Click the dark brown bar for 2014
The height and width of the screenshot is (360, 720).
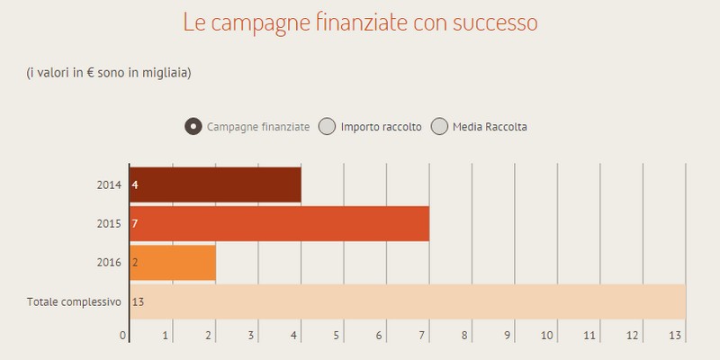[x=215, y=185]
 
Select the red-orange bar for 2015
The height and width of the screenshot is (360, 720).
[x=279, y=223]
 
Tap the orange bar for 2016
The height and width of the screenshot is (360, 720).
[x=173, y=262]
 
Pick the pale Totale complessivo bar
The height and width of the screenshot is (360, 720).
[x=408, y=301]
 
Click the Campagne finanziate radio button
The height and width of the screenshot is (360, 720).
[x=193, y=127]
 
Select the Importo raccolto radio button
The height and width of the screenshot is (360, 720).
[x=328, y=127]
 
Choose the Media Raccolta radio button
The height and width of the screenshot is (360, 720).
[x=439, y=127]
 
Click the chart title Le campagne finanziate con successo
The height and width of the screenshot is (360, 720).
[x=360, y=22]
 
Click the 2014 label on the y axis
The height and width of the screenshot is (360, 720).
[x=108, y=185]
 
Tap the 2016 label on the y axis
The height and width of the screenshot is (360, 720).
[x=108, y=262]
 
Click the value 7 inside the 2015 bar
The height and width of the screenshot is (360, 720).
[x=135, y=223]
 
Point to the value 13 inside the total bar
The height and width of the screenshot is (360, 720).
[x=138, y=301]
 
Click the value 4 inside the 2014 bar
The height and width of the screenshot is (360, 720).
[x=135, y=185]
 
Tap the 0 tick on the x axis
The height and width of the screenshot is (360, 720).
[x=123, y=336]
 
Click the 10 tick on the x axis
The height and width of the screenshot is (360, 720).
[x=548, y=336]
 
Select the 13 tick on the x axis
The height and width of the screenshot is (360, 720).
[x=676, y=336]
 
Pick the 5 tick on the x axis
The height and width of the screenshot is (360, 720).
[x=336, y=336]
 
